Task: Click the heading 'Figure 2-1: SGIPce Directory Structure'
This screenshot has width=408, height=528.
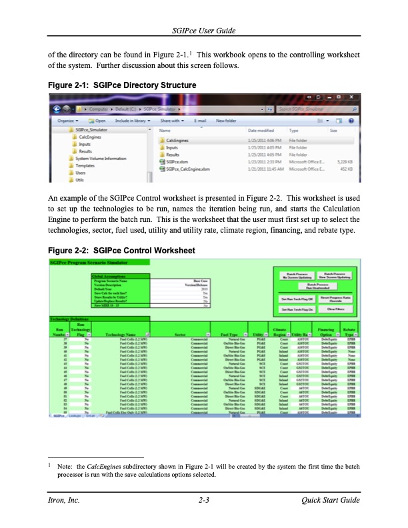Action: click(123, 85)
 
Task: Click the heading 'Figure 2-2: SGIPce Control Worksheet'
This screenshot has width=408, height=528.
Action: click(122, 250)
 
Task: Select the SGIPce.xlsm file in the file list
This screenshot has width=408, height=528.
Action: click(177, 161)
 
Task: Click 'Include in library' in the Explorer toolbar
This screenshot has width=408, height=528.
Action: click(134, 121)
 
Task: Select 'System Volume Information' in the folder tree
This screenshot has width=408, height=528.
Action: click(100, 158)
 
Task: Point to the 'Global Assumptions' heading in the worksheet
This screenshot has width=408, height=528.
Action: click(110, 275)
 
